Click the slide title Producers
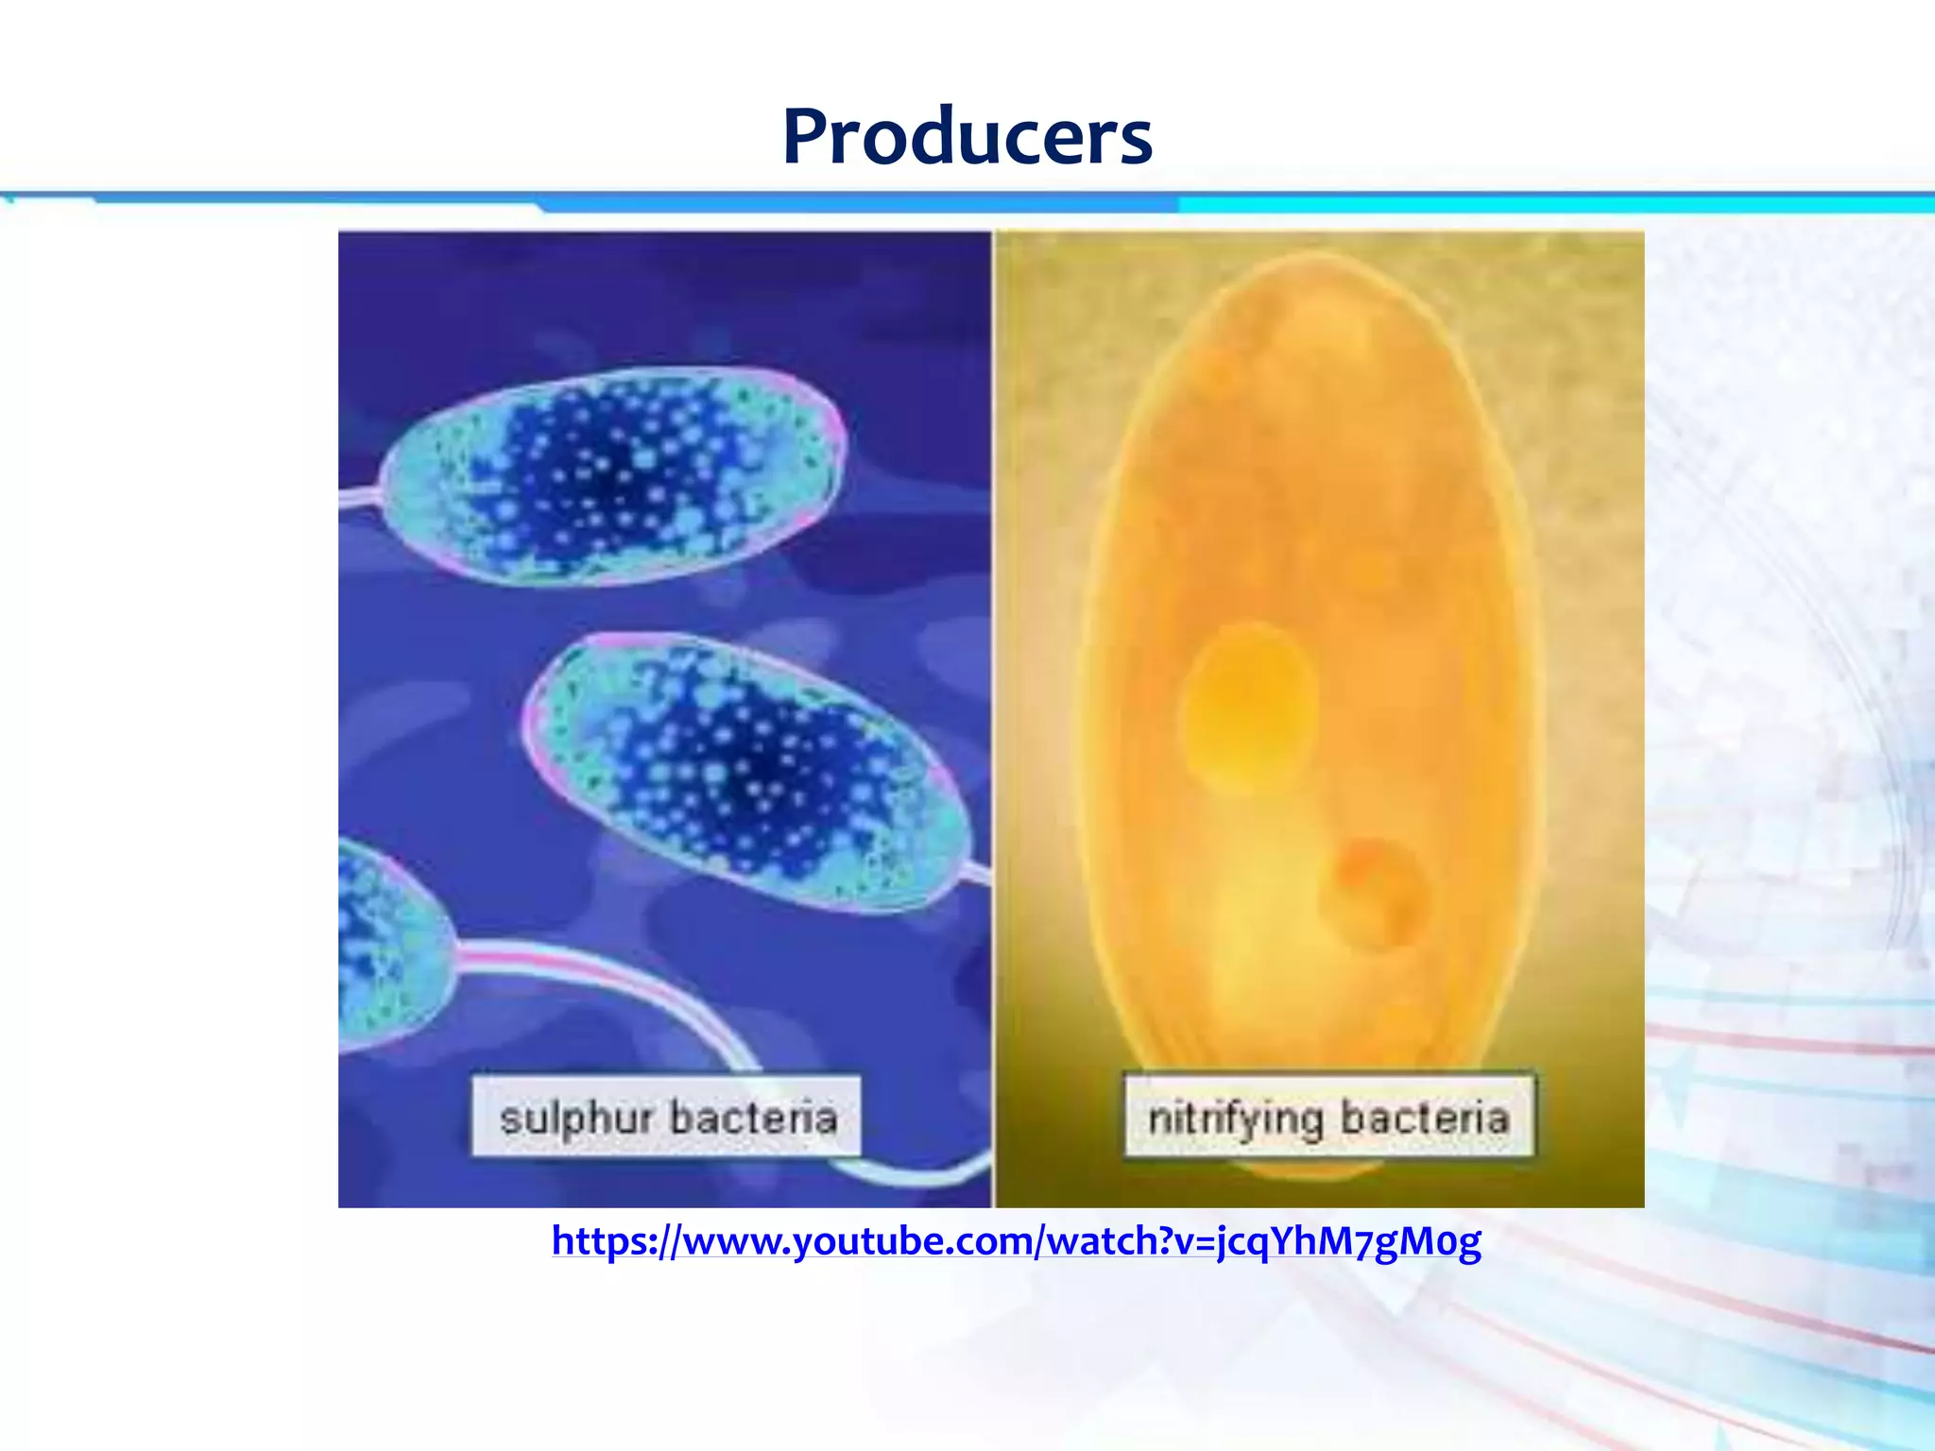click(x=967, y=137)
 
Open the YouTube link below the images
click(x=1016, y=1241)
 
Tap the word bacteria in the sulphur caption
click(x=753, y=1118)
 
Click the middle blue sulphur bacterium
click(x=746, y=770)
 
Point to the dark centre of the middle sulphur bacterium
click(x=756, y=765)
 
